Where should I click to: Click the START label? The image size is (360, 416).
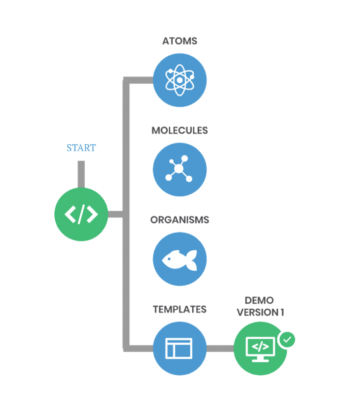coord(81,148)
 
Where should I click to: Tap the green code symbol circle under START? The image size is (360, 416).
coord(81,214)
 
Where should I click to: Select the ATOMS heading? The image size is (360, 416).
coord(180,41)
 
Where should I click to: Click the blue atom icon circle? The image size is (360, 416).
coord(180,80)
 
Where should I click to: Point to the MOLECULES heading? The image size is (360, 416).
coord(180,130)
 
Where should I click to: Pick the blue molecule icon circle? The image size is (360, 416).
coord(180,169)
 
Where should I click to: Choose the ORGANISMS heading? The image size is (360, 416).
coord(180,220)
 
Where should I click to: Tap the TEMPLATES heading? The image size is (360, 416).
coord(180,309)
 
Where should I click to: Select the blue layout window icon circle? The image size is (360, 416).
coord(180,348)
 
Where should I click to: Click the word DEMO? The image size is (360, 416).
coord(259,300)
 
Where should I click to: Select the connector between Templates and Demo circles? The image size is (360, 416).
coord(220,348)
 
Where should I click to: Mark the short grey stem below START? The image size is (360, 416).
coord(81,174)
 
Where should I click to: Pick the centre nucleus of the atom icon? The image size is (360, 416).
coord(180,80)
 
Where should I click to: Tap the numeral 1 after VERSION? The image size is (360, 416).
coord(282,312)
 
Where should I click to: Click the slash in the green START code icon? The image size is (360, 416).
coord(81,215)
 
